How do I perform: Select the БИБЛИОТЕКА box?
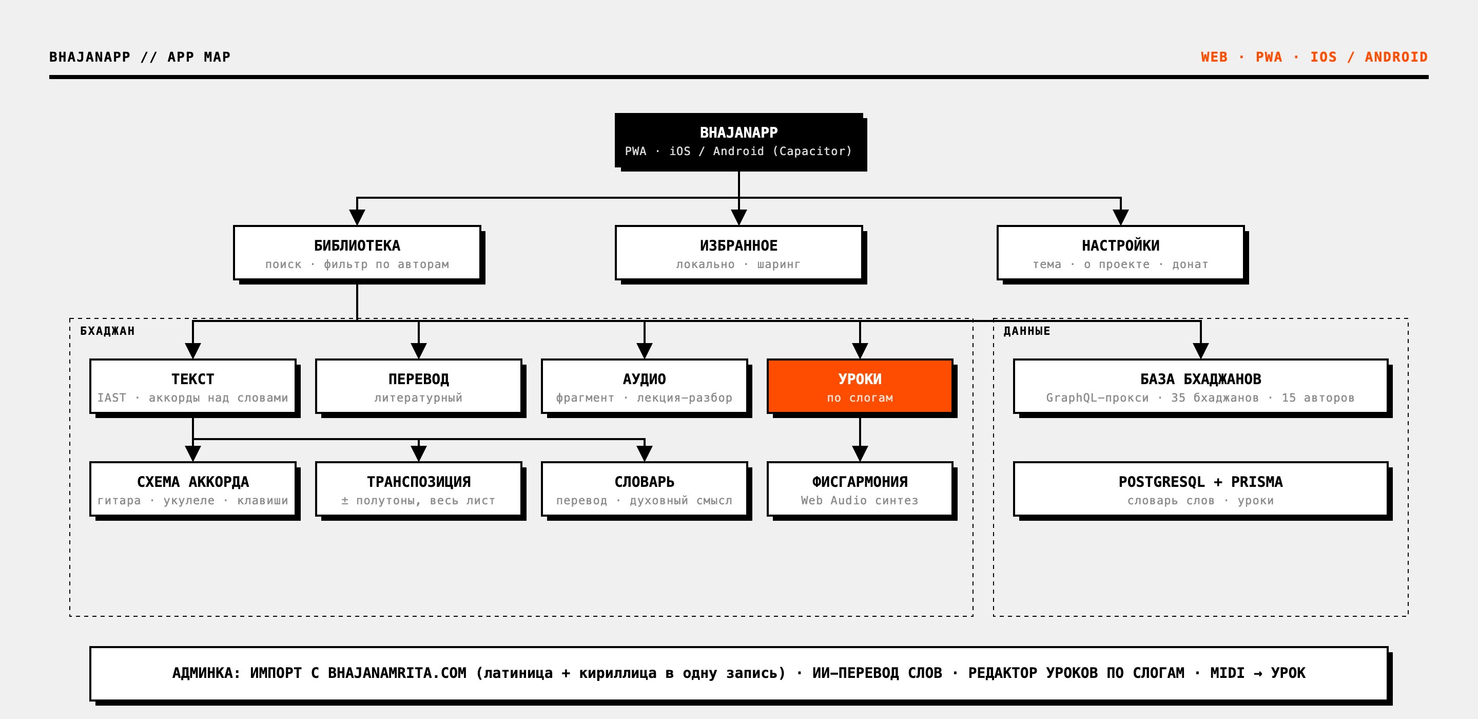coord(357,253)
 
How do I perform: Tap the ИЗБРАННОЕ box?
coord(738,253)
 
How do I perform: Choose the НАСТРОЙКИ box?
coord(1120,253)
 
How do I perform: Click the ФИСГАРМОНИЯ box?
coord(860,489)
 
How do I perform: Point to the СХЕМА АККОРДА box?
coord(193,489)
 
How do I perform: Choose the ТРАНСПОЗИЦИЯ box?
coord(418,489)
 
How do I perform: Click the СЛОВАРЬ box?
coord(645,489)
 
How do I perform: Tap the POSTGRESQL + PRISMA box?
coord(1200,489)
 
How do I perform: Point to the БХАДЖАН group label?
coord(107,331)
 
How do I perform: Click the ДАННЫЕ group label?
coord(1026,331)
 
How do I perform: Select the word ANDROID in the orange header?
coord(1396,57)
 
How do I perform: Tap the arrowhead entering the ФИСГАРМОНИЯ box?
coord(860,453)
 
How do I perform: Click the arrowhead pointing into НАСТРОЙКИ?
coord(1120,217)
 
